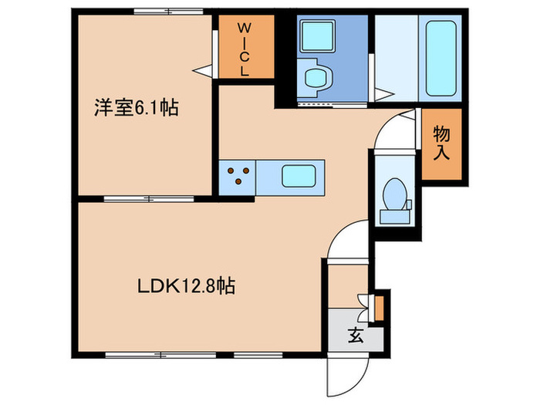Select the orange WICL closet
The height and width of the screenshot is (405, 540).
coord(244,46)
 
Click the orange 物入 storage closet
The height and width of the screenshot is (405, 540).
coord(441,143)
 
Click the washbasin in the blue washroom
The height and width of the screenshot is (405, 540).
coord(316,78)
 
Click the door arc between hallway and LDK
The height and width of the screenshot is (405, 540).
coord(346,241)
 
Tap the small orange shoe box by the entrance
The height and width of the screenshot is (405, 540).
coord(378,306)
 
